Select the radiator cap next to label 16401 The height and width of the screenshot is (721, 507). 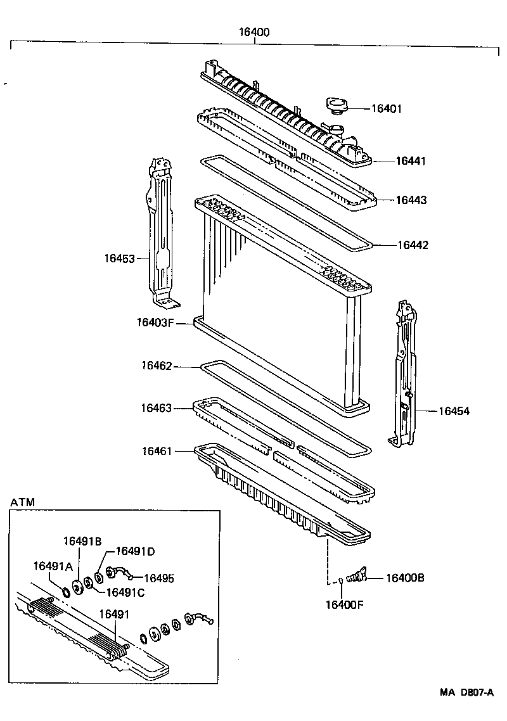click(335, 106)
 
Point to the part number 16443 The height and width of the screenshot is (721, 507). click(411, 200)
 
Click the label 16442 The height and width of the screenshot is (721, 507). click(413, 245)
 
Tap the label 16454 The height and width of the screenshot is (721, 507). click(454, 411)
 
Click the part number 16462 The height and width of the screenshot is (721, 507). click(157, 366)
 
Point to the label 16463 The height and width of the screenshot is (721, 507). click(157, 409)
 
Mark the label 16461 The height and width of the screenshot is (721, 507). click(157, 451)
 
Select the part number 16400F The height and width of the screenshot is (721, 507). click(344, 604)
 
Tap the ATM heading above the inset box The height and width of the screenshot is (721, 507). click(23, 502)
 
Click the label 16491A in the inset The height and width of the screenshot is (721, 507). click(53, 566)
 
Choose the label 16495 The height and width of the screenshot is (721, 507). click(159, 578)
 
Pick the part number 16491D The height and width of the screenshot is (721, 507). click(135, 551)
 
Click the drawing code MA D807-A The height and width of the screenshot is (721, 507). click(467, 694)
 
